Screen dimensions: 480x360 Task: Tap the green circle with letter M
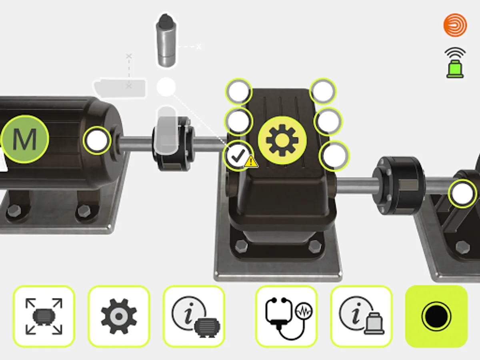coord(25,139)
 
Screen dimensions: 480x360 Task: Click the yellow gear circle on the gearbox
coord(282,140)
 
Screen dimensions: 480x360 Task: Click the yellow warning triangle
coord(251,162)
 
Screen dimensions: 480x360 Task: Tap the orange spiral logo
coord(455,25)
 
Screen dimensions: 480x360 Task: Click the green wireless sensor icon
coord(455,63)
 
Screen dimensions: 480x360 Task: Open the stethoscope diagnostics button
coord(286,316)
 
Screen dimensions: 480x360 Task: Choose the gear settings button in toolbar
coord(119,316)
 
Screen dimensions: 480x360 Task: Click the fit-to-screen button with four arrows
coord(44,316)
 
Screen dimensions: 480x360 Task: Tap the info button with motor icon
coord(194,316)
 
